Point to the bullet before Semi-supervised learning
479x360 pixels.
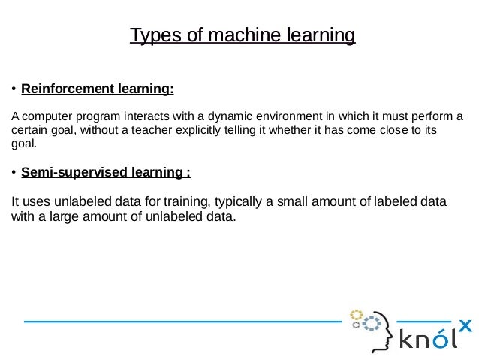(x=14, y=174)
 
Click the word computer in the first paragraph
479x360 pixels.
(x=48, y=116)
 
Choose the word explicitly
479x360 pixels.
(x=204, y=129)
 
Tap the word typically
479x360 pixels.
(x=242, y=202)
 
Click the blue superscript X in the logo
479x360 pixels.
(x=465, y=326)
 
